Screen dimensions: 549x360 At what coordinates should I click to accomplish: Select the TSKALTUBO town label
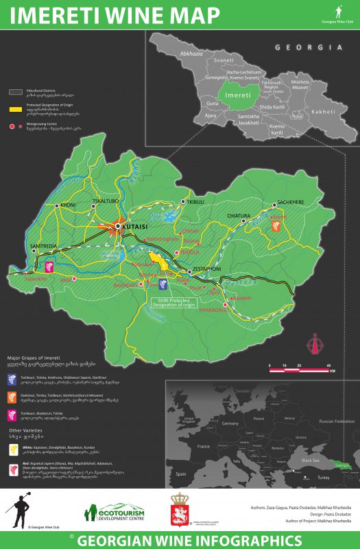[x=105, y=202]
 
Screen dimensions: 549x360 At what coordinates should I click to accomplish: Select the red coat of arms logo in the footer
[x=181, y=511]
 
